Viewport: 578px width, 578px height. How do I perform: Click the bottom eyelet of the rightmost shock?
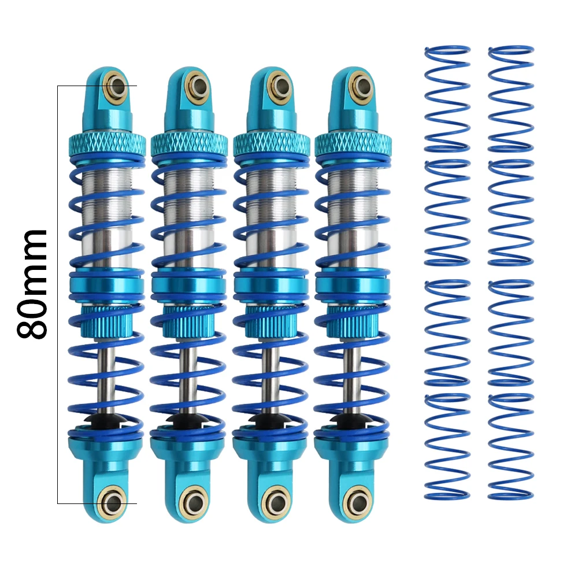pos(357,502)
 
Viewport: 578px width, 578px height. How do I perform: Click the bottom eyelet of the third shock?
pos(275,502)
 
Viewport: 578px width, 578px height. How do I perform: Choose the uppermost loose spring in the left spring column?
pos(447,98)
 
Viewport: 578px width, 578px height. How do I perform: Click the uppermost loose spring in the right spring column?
pos(510,98)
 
